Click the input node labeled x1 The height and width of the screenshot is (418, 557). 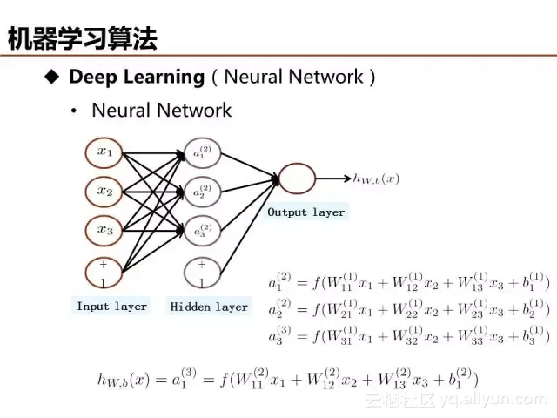pyautogui.click(x=104, y=152)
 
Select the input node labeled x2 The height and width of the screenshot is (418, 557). pyautogui.click(x=104, y=191)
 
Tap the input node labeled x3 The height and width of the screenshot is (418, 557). pyautogui.click(x=104, y=230)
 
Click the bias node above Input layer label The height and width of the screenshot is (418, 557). pyautogui.click(x=104, y=273)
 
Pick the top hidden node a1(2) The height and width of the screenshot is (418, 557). pyautogui.click(x=202, y=153)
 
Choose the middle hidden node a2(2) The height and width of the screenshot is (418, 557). pyautogui.click(x=202, y=192)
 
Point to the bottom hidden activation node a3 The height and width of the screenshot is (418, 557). pyautogui.click(x=202, y=231)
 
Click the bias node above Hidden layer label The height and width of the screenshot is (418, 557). pyautogui.click(x=202, y=273)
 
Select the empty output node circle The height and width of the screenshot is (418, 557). pyautogui.click(x=296, y=179)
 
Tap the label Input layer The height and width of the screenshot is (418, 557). pyautogui.click(x=111, y=307)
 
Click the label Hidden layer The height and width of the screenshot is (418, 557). pyautogui.click(x=209, y=307)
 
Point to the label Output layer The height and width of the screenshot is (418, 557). pyautogui.click(x=305, y=212)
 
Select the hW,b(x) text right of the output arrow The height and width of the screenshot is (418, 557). pyautogui.click(x=376, y=179)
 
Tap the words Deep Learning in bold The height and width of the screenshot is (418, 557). pyautogui.click(x=136, y=77)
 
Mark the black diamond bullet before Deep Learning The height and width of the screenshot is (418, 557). pyautogui.click(x=51, y=77)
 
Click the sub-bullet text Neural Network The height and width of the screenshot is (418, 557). pyautogui.click(x=161, y=110)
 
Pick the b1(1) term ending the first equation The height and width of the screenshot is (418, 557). pyautogui.click(x=532, y=282)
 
